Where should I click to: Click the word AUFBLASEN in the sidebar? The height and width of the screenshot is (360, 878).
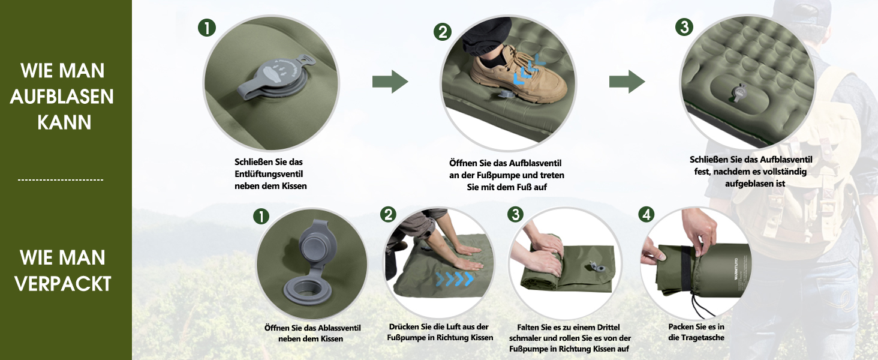(x=62, y=97)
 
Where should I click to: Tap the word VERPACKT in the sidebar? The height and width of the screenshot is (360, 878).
(x=63, y=284)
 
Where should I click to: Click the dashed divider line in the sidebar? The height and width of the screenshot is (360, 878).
(x=61, y=180)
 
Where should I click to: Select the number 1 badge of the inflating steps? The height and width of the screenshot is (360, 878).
(x=207, y=28)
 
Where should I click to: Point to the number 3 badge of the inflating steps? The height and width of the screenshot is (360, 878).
(x=684, y=26)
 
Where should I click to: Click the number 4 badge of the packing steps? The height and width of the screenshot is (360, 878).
(x=647, y=214)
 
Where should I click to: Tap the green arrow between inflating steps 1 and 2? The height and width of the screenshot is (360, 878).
(x=390, y=82)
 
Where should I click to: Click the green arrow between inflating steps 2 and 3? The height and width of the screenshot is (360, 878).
(x=627, y=82)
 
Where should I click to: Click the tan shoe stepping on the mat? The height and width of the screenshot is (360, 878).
(x=518, y=74)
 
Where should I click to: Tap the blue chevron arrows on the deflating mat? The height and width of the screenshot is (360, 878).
(x=455, y=279)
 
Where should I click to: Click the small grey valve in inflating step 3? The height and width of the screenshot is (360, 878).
(x=738, y=92)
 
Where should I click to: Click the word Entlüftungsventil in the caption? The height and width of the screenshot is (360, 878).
(x=269, y=174)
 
